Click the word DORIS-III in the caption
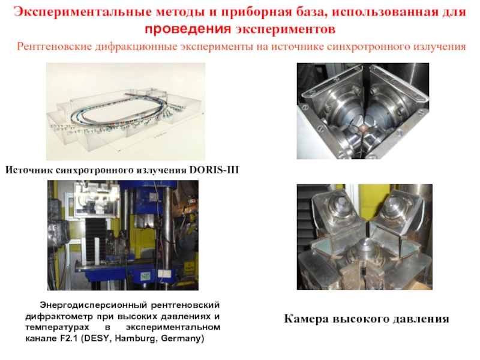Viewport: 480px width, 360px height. point(214,170)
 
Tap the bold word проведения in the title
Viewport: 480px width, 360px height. point(188,29)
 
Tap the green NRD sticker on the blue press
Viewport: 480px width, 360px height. point(145,276)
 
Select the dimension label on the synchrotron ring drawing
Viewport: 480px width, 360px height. point(161,134)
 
